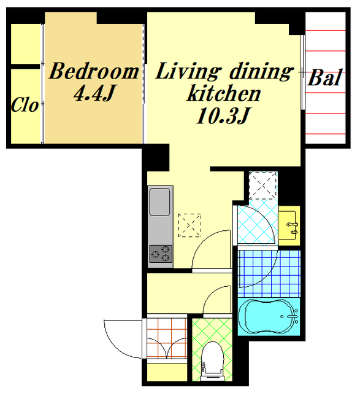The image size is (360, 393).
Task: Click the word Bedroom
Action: (94, 71)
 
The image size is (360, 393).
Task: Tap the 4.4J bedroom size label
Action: (94, 93)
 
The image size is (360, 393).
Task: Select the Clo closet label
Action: (25, 104)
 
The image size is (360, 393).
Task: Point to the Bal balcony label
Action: (324, 77)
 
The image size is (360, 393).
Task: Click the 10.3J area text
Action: (223, 116)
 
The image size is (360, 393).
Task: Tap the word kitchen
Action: (224, 93)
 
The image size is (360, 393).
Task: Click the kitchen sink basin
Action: (159, 202)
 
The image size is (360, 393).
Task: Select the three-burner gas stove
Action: (161, 254)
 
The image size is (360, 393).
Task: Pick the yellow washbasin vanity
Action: (289, 225)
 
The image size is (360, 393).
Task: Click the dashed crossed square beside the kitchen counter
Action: (190, 225)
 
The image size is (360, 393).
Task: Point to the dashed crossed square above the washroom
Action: (263, 185)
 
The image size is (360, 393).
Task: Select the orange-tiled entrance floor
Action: (167, 338)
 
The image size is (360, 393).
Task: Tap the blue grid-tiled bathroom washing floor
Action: (269, 274)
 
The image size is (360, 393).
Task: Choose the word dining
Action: (261, 72)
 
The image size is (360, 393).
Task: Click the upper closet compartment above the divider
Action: (26, 44)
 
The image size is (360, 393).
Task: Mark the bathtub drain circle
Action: (282, 317)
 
